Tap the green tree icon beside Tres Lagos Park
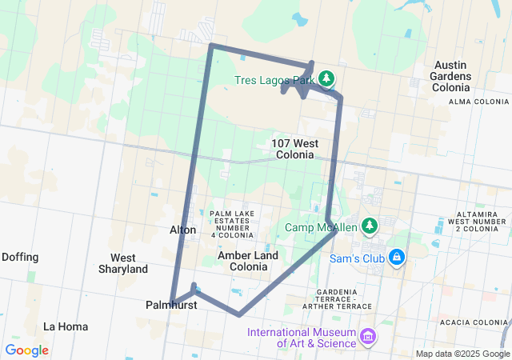[x=326, y=78]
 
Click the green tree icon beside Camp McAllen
[x=369, y=226]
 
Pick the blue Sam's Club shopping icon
[x=396, y=257]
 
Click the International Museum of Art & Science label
[x=301, y=338]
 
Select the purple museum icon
[x=367, y=336]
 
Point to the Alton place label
[x=182, y=230]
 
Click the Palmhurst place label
[x=166, y=305]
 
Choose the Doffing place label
[x=20, y=257]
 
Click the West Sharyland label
[x=123, y=263]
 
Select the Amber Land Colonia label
[x=248, y=261]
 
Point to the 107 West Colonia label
[x=294, y=148]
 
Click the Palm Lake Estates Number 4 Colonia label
[x=231, y=224]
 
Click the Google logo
[x=26, y=350]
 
